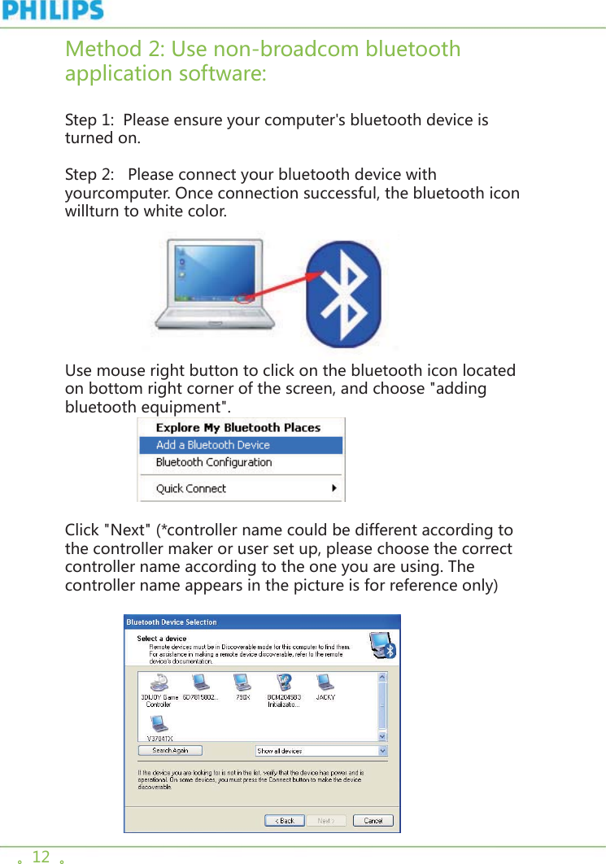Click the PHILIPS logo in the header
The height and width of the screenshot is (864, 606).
[52, 11]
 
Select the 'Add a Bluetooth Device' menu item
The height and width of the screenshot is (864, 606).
[213, 445]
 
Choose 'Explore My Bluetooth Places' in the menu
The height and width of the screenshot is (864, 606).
[238, 428]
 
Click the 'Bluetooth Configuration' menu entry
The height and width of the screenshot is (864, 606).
[214, 462]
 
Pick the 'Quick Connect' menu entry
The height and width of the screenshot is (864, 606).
[191, 488]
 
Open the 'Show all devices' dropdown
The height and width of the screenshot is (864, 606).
[322, 751]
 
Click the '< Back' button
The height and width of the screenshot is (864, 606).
[285, 820]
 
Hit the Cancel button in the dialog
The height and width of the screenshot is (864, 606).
[373, 820]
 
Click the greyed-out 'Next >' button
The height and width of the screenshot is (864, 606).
[325, 820]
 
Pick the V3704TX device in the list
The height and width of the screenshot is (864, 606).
[159, 726]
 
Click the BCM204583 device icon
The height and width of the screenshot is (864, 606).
[284, 683]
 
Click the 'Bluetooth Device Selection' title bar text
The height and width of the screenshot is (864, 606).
[172, 622]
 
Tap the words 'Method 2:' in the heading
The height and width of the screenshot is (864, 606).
[115, 50]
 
